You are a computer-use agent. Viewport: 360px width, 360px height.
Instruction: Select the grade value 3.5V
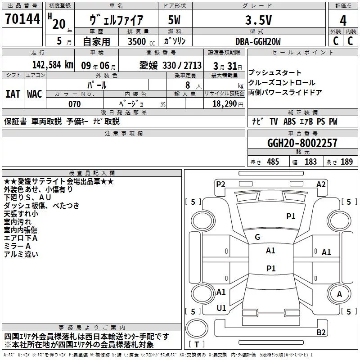click(x=258, y=20)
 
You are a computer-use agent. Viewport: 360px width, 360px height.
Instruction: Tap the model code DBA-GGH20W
click(x=258, y=41)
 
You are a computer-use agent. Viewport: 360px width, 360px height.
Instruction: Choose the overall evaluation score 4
click(x=343, y=20)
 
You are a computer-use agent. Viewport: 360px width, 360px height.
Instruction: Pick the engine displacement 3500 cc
click(x=135, y=41)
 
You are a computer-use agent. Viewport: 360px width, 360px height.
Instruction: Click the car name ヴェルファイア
click(x=117, y=20)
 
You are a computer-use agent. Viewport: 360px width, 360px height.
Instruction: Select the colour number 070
click(x=75, y=104)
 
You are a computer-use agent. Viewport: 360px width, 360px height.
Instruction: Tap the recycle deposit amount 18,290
click(x=225, y=104)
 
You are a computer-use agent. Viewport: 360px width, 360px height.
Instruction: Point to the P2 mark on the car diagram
click(x=220, y=184)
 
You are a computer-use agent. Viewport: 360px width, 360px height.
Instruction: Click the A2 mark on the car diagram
click(x=321, y=184)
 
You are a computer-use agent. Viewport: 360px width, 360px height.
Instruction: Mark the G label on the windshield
click(x=257, y=237)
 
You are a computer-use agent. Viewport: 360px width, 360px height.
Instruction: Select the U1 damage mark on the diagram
click(x=221, y=308)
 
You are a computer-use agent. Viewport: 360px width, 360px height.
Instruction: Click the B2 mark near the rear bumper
click(x=321, y=333)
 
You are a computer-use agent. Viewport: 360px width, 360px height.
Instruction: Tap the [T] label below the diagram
click(x=197, y=345)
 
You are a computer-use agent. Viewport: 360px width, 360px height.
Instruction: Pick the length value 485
click(x=272, y=162)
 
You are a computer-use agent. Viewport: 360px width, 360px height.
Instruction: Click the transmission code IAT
click(x=13, y=94)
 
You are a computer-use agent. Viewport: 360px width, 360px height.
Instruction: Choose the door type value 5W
click(x=174, y=20)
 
